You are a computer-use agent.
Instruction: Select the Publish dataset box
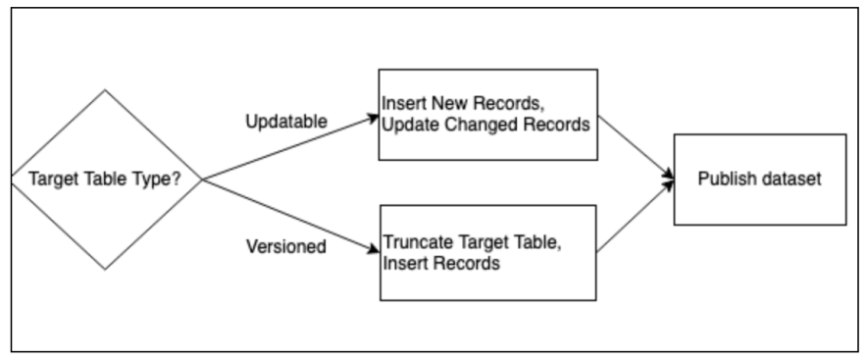coord(758,180)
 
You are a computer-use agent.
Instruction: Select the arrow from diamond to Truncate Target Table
coord(289,217)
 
